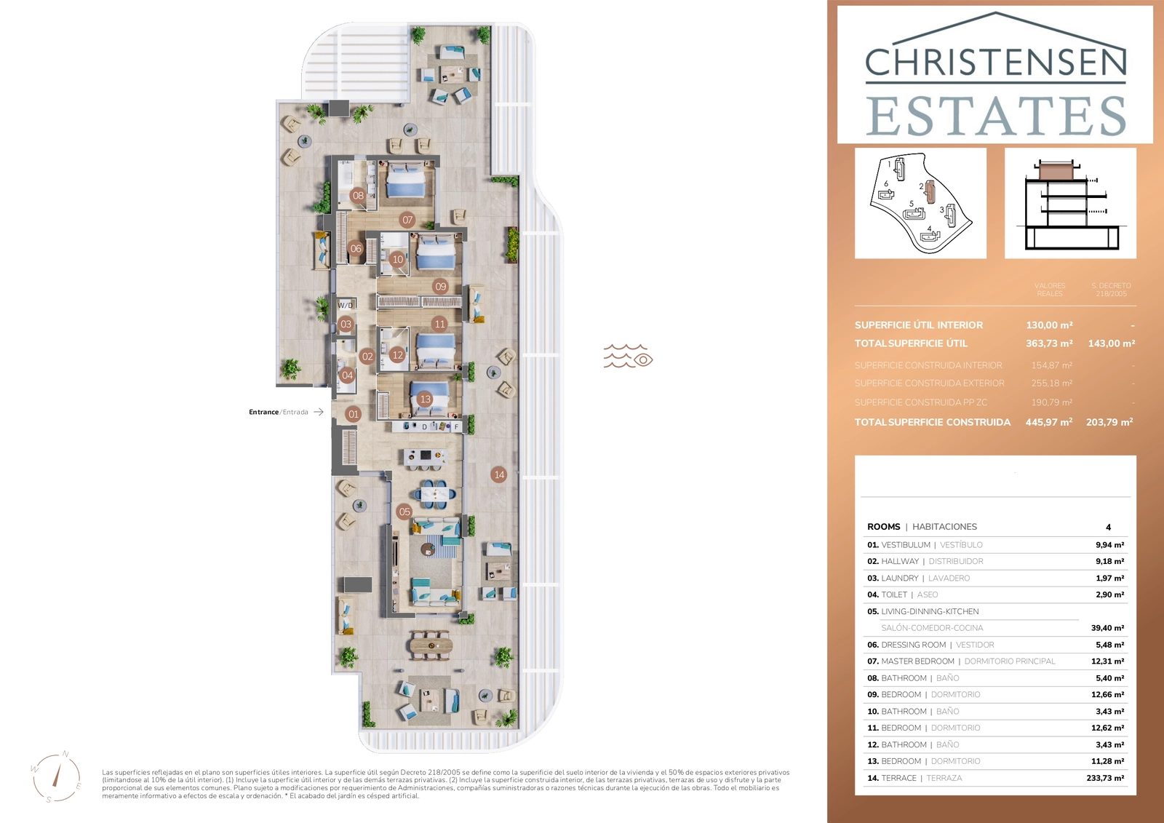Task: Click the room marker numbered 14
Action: click(499, 474)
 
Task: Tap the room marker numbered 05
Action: click(404, 512)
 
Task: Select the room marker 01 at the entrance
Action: click(354, 414)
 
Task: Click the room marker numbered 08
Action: click(358, 195)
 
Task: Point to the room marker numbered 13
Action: click(426, 399)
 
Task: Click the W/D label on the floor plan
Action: click(346, 306)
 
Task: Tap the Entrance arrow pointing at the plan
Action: click(318, 412)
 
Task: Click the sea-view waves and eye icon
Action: click(627, 357)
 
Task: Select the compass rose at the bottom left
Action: click(56, 777)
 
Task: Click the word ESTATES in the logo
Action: click(995, 116)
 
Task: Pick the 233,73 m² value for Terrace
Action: click(1104, 778)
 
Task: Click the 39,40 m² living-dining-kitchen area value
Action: click(1107, 628)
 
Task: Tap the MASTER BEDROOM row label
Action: click(917, 661)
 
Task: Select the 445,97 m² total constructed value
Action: click(1048, 422)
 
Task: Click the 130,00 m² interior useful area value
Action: click(1049, 325)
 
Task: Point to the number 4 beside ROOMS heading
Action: click(1108, 527)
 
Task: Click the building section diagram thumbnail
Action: click(1069, 203)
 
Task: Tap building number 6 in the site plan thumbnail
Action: click(885, 185)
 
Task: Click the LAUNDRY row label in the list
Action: click(899, 579)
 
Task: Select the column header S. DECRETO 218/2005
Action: click(1111, 290)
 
